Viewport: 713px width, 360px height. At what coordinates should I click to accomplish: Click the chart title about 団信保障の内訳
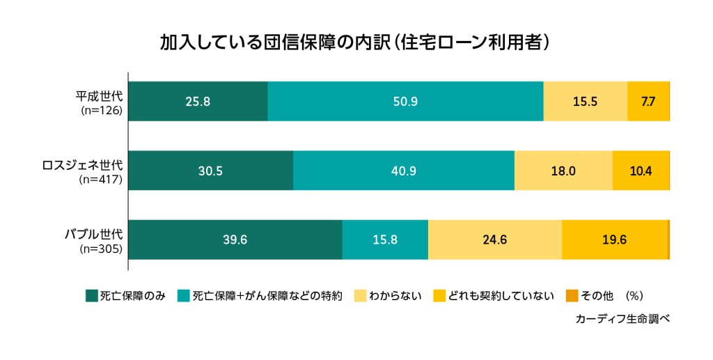coord(356,42)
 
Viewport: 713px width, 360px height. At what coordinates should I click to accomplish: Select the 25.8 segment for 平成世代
coord(198,102)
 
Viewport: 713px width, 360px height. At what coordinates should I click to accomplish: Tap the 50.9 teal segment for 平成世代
coord(405,102)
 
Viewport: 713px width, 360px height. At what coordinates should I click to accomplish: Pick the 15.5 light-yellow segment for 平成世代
coord(585,102)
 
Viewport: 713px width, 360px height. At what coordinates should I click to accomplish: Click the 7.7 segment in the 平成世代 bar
coord(648,102)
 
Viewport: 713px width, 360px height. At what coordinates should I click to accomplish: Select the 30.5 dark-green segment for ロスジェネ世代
coord(210,171)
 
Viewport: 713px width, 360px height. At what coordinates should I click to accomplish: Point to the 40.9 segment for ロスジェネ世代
coord(404,171)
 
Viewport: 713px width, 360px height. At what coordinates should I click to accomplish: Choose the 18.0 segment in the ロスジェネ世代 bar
coord(563,171)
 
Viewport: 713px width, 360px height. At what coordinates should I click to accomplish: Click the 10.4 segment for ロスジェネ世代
coord(640,171)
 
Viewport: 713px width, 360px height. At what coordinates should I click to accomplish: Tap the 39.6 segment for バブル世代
coord(235,240)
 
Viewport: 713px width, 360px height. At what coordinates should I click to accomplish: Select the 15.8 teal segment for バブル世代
coord(385,240)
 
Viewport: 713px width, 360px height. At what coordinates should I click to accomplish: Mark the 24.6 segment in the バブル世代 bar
coord(494,240)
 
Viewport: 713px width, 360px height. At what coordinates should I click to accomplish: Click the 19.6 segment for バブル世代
coord(614,240)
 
